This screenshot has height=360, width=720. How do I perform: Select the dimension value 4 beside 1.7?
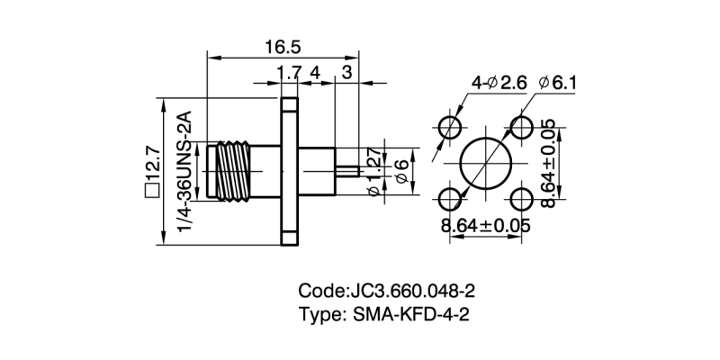pyautogui.click(x=315, y=72)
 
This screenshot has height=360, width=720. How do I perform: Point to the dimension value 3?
pyautogui.click(x=347, y=72)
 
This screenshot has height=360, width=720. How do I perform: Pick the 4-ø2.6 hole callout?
pyautogui.click(x=499, y=84)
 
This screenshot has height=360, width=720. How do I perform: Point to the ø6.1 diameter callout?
pyautogui.click(x=557, y=84)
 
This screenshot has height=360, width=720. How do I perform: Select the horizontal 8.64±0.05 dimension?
pyautogui.click(x=485, y=226)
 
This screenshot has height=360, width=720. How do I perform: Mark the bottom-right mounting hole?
pyautogui.click(x=521, y=197)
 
